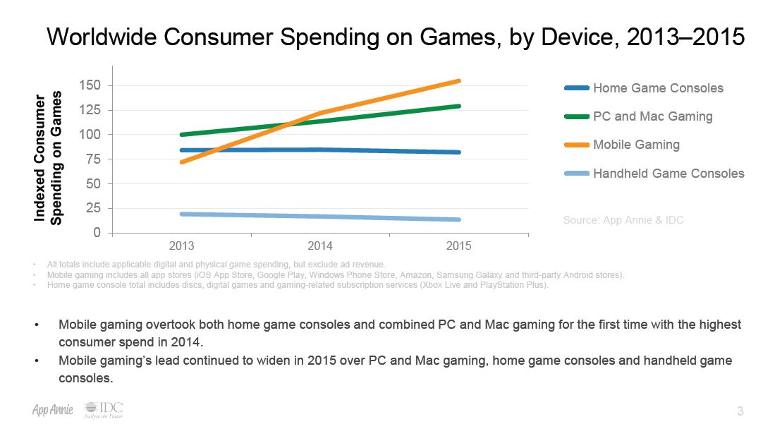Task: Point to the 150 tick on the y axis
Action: (x=92, y=85)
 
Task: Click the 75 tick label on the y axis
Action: (x=94, y=159)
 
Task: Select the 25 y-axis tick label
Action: (x=94, y=208)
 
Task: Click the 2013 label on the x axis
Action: (x=182, y=246)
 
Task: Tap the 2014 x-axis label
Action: (x=320, y=246)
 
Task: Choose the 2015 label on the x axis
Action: (x=459, y=246)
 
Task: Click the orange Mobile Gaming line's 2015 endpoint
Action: (x=459, y=81)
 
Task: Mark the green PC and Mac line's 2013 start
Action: (x=183, y=135)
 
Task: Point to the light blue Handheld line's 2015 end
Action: (x=459, y=219)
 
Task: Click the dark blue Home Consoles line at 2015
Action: (x=459, y=152)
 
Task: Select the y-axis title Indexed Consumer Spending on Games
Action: (x=50, y=159)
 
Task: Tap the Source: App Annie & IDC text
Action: (x=623, y=220)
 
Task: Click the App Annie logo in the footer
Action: (x=53, y=411)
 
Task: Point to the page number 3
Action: (x=740, y=411)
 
